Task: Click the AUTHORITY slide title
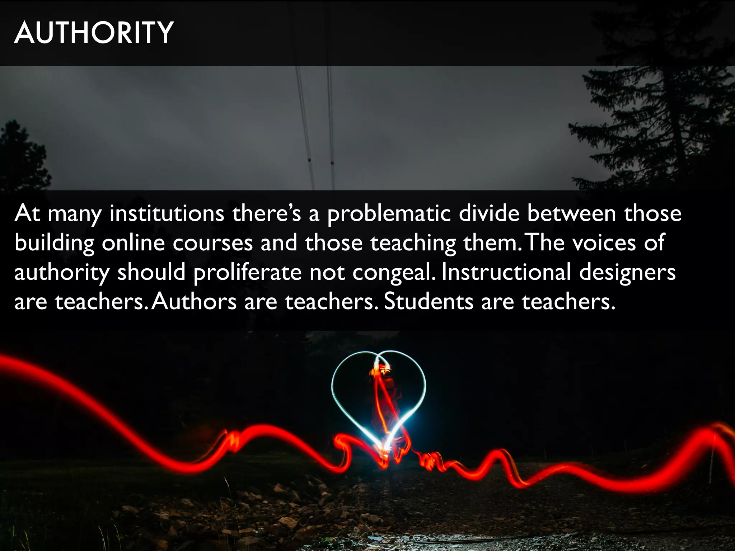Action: (94, 33)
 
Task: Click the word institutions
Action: (167, 213)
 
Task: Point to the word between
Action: (571, 213)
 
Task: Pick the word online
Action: (133, 243)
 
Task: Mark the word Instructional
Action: (506, 272)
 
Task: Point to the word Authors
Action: (194, 302)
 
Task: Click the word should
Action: (151, 272)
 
